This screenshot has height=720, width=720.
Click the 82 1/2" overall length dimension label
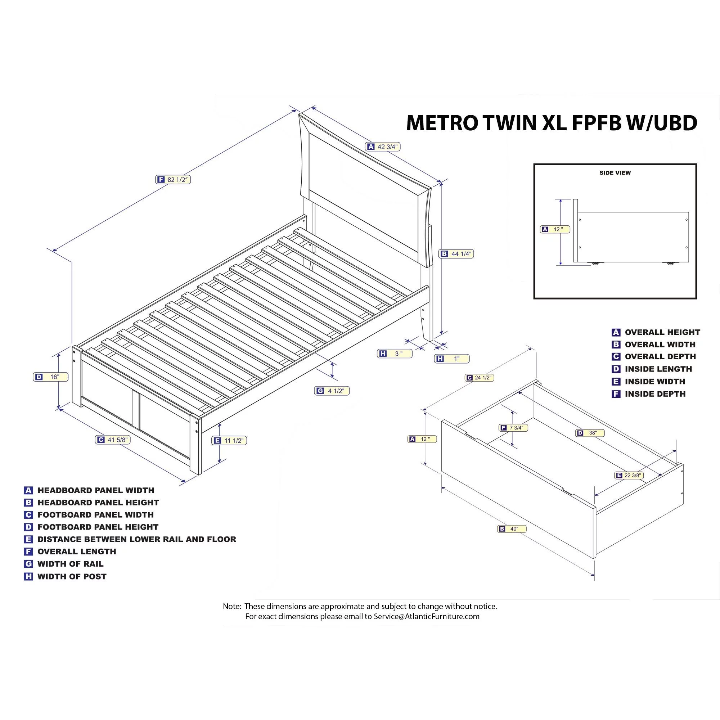click(173, 180)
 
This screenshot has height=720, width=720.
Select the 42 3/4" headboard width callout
click(383, 147)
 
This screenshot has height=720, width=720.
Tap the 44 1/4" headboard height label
click(456, 254)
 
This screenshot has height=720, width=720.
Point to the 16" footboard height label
click(51, 377)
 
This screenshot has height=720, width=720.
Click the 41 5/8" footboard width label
click(113, 440)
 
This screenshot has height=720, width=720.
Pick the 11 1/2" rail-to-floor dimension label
click(230, 441)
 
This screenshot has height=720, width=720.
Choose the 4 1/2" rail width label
click(332, 391)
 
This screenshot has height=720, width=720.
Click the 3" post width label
click(395, 354)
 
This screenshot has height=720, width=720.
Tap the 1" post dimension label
click(452, 359)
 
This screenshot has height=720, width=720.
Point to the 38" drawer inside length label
click(590, 433)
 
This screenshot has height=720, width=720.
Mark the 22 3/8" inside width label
click(629, 475)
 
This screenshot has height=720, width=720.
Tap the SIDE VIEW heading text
click(615, 173)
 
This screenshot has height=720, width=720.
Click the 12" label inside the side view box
click(555, 230)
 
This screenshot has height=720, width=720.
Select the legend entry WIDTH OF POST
click(72, 576)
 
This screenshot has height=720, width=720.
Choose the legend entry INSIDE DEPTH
click(655, 394)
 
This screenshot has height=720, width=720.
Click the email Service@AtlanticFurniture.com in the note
click(426, 616)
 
